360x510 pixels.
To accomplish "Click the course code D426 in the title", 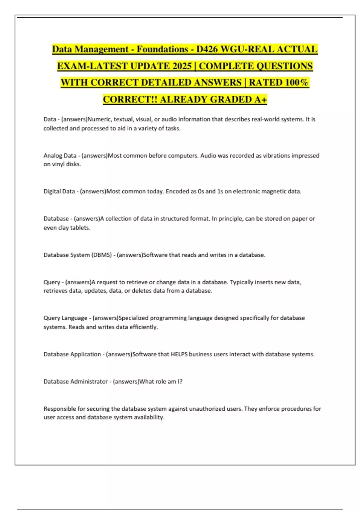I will [207, 49].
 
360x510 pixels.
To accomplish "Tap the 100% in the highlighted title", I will [297, 82].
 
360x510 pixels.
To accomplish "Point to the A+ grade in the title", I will [260, 99].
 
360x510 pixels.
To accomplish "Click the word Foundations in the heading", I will [163, 49].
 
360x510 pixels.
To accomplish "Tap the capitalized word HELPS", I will [179, 354].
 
